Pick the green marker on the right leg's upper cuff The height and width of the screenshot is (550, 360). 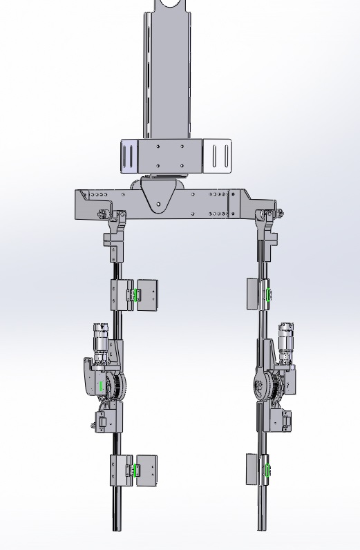point(267,295)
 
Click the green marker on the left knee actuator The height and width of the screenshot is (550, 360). point(102,386)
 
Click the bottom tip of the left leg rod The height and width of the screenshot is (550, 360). point(115,529)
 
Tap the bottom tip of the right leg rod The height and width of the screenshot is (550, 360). point(261,529)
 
